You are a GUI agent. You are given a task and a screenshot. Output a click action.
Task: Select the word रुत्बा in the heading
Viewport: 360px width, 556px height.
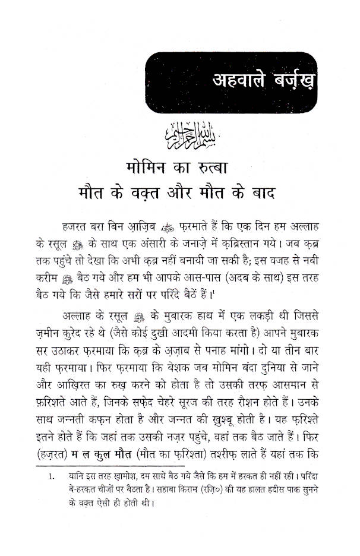pos(238,167)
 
